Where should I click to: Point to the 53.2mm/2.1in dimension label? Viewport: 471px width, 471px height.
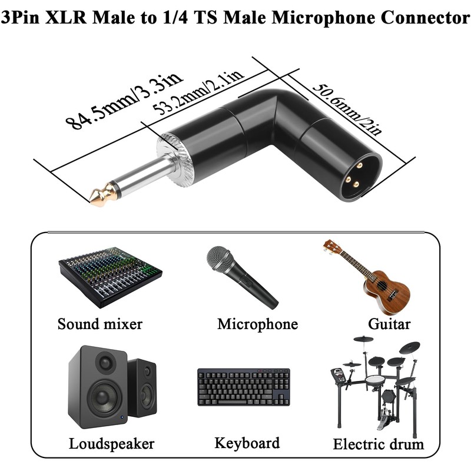pyautogui.click(x=198, y=94)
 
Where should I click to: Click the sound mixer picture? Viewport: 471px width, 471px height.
pyautogui.click(x=110, y=277)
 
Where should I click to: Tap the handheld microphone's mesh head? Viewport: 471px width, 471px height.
pyautogui.click(x=220, y=259)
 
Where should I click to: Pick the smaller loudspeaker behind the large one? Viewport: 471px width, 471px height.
pyautogui.click(x=142, y=387)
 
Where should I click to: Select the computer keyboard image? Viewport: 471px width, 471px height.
pyautogui.click(x=244, y=387)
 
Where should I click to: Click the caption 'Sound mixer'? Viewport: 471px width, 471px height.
pyautogui.click(x=100, y=324)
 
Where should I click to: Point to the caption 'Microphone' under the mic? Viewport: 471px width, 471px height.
pyautogui.click(x=257, y=324)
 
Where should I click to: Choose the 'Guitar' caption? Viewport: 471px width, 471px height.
pyautogui.click(x=389, y=324)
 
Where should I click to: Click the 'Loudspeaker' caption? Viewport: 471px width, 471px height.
pyautogui.click(x=111, y=444)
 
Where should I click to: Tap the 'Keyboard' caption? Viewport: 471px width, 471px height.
pyautogui.click(x=247, y=443)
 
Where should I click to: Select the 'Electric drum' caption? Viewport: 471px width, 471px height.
pyautogui.click(x=379, y=444)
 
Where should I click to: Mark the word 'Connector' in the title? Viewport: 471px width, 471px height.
pyautogui.click(x=425, y=18)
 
